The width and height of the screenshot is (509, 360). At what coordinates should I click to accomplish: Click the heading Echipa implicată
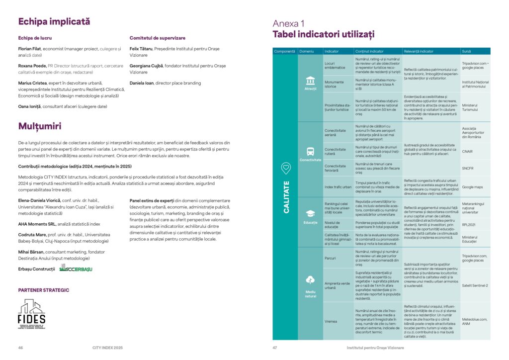click(x=54, y=21)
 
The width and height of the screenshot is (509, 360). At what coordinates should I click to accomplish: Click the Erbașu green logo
click(x=76, y=268)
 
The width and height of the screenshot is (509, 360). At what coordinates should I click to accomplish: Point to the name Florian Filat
click(x=29, y=49)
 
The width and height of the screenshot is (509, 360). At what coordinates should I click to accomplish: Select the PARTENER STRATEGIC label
click(x=44, y=290)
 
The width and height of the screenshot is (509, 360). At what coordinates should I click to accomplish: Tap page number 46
click(x=20, y=348)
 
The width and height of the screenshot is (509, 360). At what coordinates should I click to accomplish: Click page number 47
click(x=274, y=348)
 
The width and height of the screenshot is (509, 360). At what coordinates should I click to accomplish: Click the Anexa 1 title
click(x=289, y=23)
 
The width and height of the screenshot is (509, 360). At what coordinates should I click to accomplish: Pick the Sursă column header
click(x=466, y=51)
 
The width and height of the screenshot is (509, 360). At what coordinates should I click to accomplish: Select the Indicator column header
click(x=331, y=51)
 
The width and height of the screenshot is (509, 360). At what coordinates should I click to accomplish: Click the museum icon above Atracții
click(x=310, y=80)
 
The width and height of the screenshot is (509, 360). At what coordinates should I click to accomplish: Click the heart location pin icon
click(x=286, y=169)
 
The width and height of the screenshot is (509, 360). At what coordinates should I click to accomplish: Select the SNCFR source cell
click(x=468, y=168)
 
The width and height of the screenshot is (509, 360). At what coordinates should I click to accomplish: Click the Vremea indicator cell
click(x=331, y=321)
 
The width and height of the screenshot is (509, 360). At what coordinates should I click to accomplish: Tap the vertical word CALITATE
click(x=286, y=197)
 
